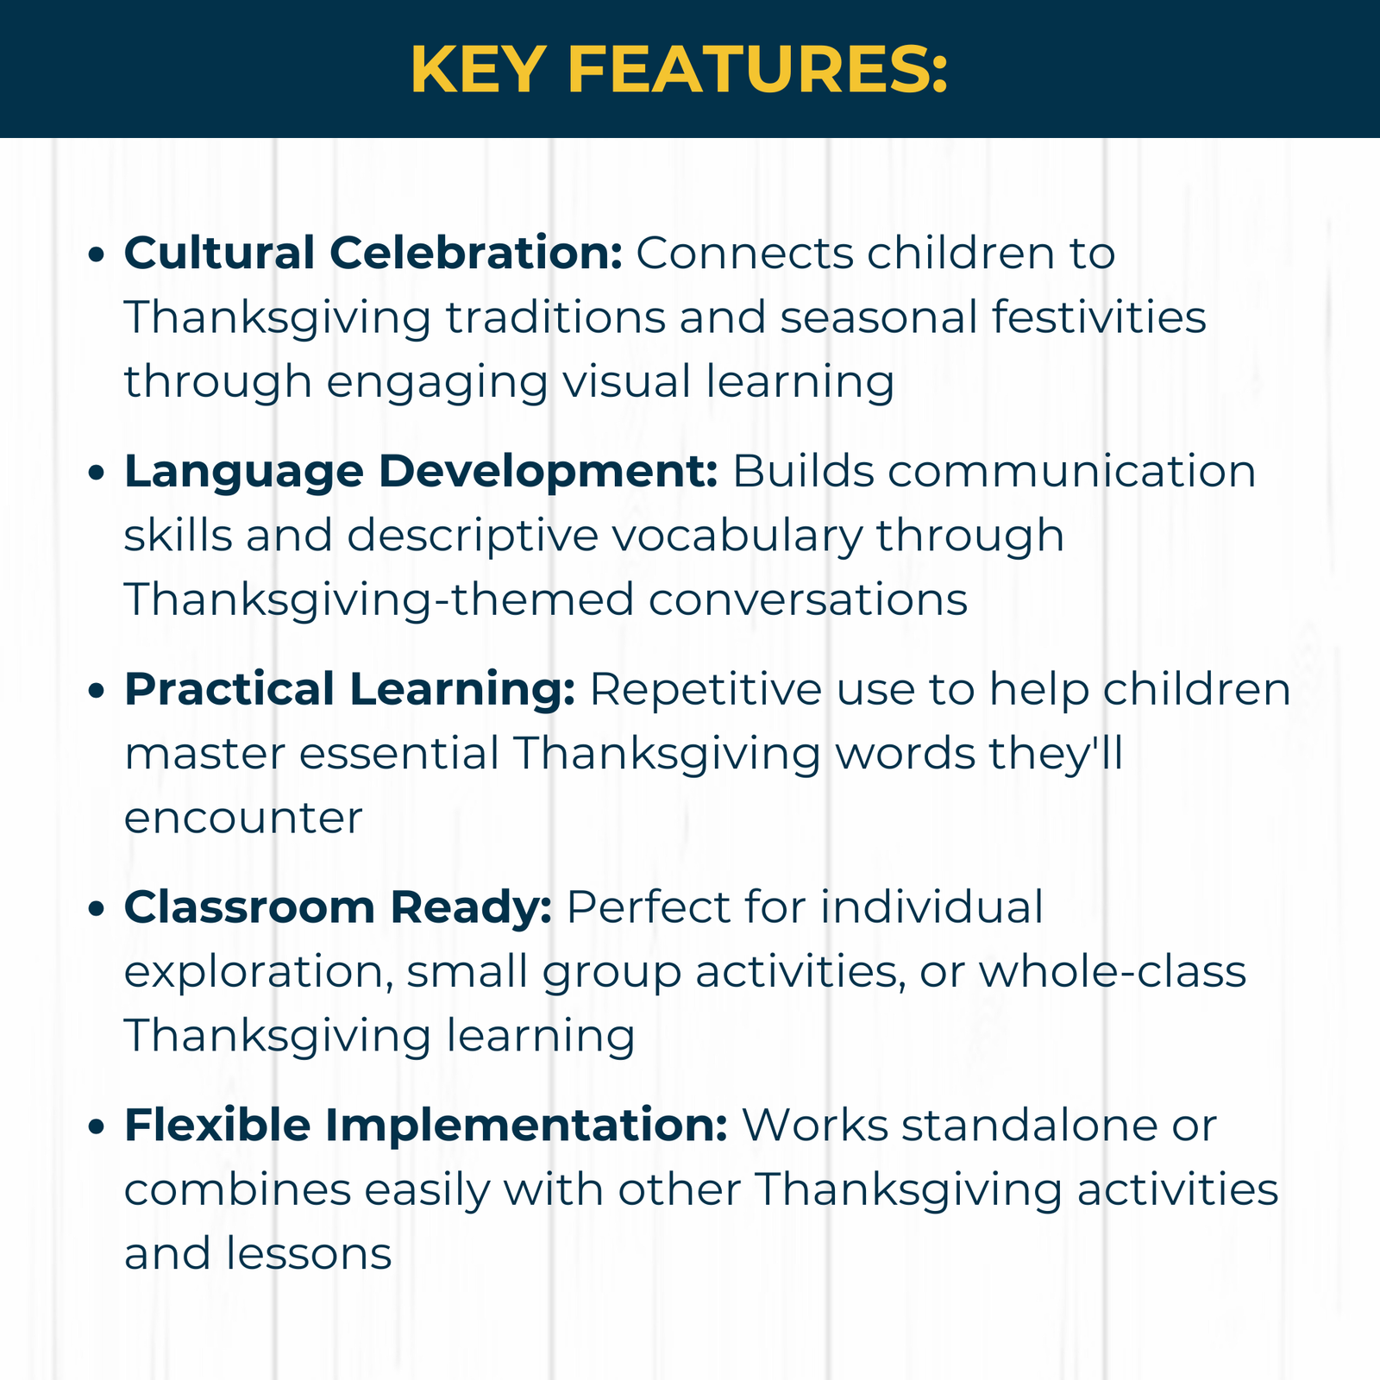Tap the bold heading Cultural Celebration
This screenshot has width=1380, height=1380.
click(373, 253)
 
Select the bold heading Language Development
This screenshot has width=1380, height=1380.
click(421, 472)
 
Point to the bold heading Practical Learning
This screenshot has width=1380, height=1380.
click(349, 690)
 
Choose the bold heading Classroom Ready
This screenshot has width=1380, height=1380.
click(338, 907)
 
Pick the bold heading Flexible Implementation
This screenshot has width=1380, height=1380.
click(426, 1126)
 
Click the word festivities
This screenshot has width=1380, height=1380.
click(1099, 317)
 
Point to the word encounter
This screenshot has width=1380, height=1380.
click(243, 819)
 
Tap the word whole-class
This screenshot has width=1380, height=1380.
click(1112, 971)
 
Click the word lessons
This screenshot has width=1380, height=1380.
click(309, 1253)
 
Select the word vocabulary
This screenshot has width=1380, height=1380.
click(737, 536)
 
